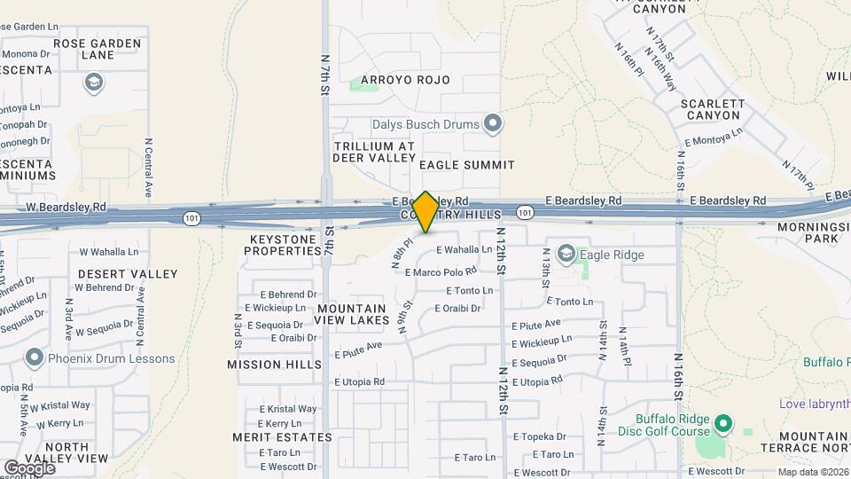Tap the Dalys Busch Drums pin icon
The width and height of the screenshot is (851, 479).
[x=494, y=123]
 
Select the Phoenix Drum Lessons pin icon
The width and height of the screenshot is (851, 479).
[x=35, y=358]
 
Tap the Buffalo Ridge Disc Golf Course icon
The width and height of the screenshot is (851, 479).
[x=723, y=425]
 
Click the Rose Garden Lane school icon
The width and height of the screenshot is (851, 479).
[x=92, y=83]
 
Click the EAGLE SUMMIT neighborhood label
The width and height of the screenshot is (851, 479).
[x=466, y=165]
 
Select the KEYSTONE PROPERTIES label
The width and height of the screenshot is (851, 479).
[x=284, y=245]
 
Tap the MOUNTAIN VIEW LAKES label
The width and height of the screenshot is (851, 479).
[x=353, y=314]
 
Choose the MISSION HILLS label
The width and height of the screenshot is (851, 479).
[x=274, y=365]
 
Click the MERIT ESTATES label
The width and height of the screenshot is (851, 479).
[x=282, y=437]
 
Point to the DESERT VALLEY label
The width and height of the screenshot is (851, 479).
[x=128, y=274]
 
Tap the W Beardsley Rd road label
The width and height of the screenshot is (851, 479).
[x=66, y=208]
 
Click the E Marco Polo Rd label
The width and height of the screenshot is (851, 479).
[x=444, y=271]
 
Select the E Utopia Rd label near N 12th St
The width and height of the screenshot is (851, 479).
[x=537, y=381]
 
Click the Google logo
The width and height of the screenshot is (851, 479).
[x=29, y=467]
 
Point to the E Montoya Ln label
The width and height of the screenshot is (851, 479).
[x=714, y=138]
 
